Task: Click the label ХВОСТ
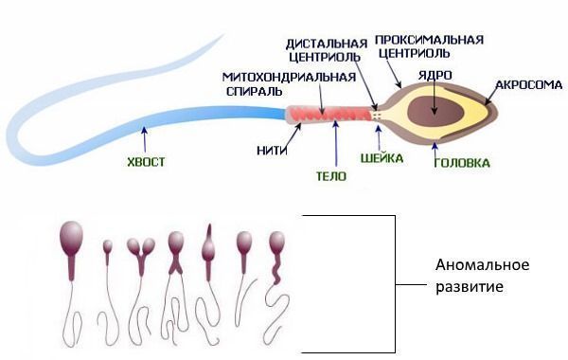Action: coord(146,162)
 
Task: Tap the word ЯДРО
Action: coord(435,76)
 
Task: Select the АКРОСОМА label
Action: coord(528,85)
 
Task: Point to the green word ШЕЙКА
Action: coord(382,158)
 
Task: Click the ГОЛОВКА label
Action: coord(462,163)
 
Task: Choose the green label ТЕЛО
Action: coord(331,176)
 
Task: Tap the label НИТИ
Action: coord(272,151)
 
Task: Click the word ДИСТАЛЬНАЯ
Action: coord(327,44)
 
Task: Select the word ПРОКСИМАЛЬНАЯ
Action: coord(429,40)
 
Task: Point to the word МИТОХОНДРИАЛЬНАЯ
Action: coord(289,77)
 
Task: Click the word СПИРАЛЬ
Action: coord(255,91)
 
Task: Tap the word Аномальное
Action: coord(482,265)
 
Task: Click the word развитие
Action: coord(470,287)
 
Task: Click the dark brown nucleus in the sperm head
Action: coord(435,111)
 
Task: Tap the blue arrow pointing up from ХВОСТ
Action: coord(145,139)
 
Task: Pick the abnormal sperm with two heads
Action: coord(140,257)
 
